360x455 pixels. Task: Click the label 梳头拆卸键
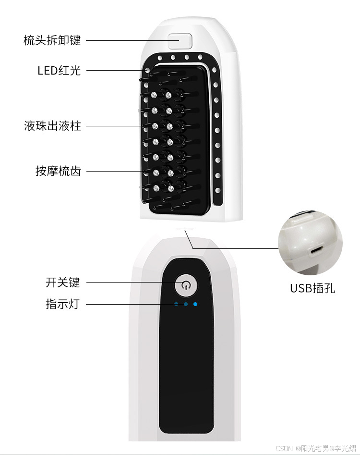tap(52, 40)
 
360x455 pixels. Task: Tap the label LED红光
tap(59, 71)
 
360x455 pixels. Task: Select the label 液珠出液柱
tap(52, 126)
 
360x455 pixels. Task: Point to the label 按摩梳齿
tap(58, 171)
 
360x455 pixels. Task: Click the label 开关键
tap(63, 283)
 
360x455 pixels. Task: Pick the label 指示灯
tap(63, 304)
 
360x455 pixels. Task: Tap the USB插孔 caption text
tap(312, 288)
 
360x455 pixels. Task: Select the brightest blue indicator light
tap(195, 304)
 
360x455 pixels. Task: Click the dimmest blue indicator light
tap(176, 304)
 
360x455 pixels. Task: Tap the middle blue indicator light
tap(186, 304)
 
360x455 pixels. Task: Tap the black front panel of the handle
tap(186, 365)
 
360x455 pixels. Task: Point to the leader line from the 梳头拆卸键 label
tap(130, 40)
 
